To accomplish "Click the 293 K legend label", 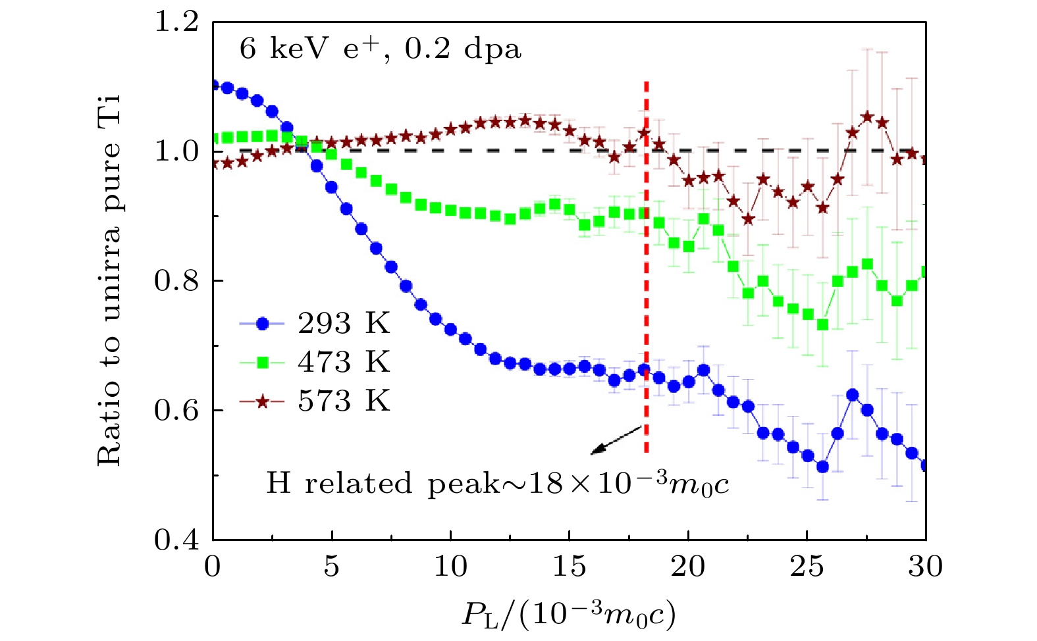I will click(344, 323).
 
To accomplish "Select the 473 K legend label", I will click(344, 362).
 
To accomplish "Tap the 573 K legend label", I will click(344, 401).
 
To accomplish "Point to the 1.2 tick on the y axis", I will click(176, 22).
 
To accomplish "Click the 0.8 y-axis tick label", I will click(176, 281).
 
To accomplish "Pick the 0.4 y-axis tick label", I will click(176, 540).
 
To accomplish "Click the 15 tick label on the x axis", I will click(569, 566).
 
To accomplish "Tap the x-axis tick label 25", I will click(807, 566).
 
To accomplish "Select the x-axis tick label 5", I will click(331, 566).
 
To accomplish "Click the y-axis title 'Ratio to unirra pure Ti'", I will click(109, 280).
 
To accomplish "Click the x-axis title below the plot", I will click(569, 614).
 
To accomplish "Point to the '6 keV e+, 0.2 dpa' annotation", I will click(380, 49).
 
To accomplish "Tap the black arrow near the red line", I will click(616, 440).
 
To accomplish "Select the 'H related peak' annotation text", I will click(497, 484).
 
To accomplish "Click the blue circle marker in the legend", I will click(262, 323).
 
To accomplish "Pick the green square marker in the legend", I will click(262, 362).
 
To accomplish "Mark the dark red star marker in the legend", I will click(262, 401).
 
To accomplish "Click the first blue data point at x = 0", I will click(213, 85).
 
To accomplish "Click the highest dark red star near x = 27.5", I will click(867, 117).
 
